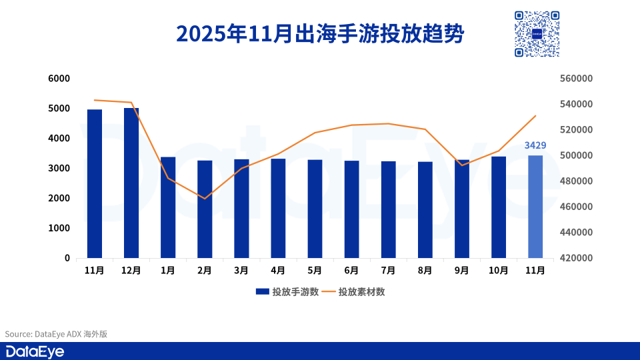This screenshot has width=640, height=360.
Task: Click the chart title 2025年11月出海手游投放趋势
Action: coord(319,33)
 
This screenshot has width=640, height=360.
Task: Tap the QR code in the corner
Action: coord(536,33)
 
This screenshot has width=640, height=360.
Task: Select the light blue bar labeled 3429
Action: coord(535,207)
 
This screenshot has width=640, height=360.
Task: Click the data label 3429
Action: coord(535,145)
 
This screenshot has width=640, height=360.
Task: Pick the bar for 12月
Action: coord(131,183)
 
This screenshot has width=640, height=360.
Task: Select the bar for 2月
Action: coord(205,209)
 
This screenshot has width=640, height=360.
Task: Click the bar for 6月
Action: coord(351,209)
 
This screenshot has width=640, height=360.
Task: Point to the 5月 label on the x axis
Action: coord(315,270)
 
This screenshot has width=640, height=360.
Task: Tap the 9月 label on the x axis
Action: coord(461,270)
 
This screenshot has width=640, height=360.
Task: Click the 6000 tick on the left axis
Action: coord(59,79)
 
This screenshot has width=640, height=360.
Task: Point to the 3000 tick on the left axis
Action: coord(59,169)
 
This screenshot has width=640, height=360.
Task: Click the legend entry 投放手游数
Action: coord(287,292)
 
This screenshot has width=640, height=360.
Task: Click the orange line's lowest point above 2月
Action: coord(205,199)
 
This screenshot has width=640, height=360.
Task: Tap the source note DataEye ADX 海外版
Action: coord(56,334)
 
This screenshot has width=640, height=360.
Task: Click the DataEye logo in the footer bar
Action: coord(35,352)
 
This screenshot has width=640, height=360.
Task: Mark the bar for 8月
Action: coord(425,210)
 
